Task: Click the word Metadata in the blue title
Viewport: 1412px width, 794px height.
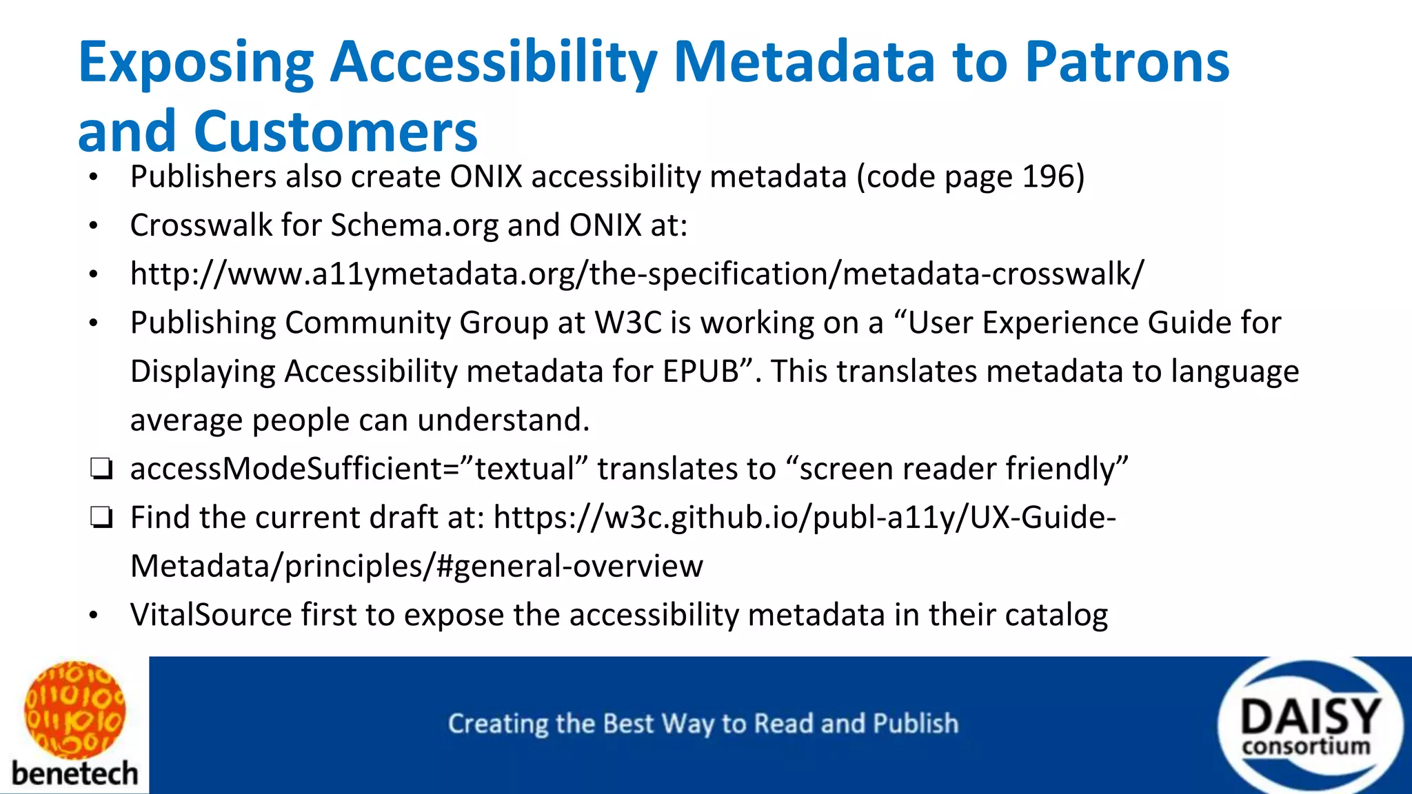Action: click(803, 62)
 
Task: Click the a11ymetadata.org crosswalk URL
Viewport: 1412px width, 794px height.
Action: click(637, 274)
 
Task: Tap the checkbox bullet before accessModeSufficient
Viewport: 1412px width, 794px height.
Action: click(101, 469)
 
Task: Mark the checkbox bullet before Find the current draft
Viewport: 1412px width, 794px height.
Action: click(101, 518)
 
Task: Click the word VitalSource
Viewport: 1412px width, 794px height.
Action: click(210, 615)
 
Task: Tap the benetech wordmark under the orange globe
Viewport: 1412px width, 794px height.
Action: click(74, 773)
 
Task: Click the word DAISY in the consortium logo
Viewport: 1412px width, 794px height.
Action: click(1310, 717)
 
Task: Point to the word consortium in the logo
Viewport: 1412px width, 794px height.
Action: click(1306, 747)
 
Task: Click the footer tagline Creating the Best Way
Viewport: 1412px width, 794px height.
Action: click(703, 724)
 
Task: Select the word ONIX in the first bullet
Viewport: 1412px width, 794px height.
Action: click(486, 177)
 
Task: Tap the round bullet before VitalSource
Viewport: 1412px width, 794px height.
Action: click(94, 615)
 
